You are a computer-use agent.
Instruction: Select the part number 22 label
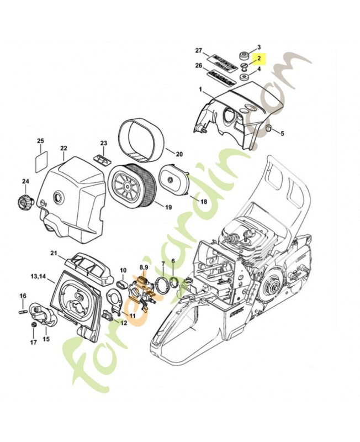[x=63, y=148]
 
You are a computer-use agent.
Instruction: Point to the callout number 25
[x=40, y=141]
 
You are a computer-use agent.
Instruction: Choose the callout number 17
[x=33, y=343]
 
